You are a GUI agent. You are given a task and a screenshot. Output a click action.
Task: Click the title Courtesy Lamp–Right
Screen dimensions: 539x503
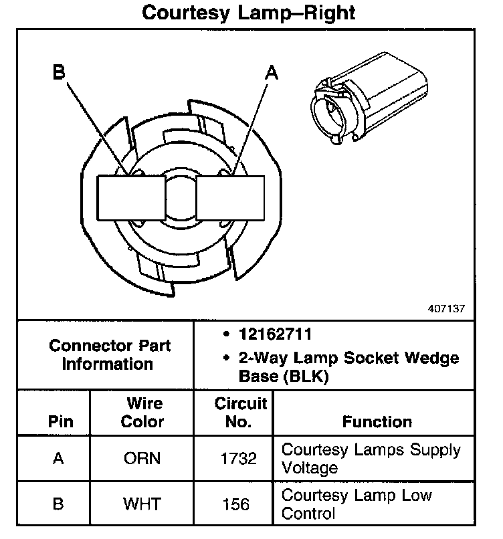point(249,13)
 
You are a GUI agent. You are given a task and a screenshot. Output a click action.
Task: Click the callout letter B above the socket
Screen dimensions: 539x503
point(60,73)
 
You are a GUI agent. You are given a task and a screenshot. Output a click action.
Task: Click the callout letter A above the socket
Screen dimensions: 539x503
point(271,73)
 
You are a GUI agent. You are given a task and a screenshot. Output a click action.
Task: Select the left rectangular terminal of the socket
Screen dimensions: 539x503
point(132,199)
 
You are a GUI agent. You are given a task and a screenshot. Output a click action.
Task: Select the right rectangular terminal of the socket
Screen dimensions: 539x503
point(230,199)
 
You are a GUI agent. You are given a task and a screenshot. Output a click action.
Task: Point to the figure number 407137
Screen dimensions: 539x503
point(445,309)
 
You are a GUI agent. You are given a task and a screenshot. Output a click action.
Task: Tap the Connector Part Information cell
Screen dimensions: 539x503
point(110,355)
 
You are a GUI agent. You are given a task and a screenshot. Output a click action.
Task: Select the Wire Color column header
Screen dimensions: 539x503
point(144,413)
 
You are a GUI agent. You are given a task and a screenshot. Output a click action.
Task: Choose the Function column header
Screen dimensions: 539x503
point(377,422)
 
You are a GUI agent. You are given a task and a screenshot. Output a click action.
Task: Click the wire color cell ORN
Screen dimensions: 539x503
point(142,459)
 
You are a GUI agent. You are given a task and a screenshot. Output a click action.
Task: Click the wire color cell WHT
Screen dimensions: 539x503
point(142,504)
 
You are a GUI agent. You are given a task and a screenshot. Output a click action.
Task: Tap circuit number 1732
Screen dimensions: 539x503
point(238,459)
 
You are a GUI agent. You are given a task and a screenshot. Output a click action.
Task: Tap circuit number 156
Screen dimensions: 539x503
point(238,504)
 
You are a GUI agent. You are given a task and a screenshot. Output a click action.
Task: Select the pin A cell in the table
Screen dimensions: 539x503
point(58,459)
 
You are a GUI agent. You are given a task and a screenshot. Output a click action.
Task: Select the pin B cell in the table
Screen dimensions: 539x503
point(58,504)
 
